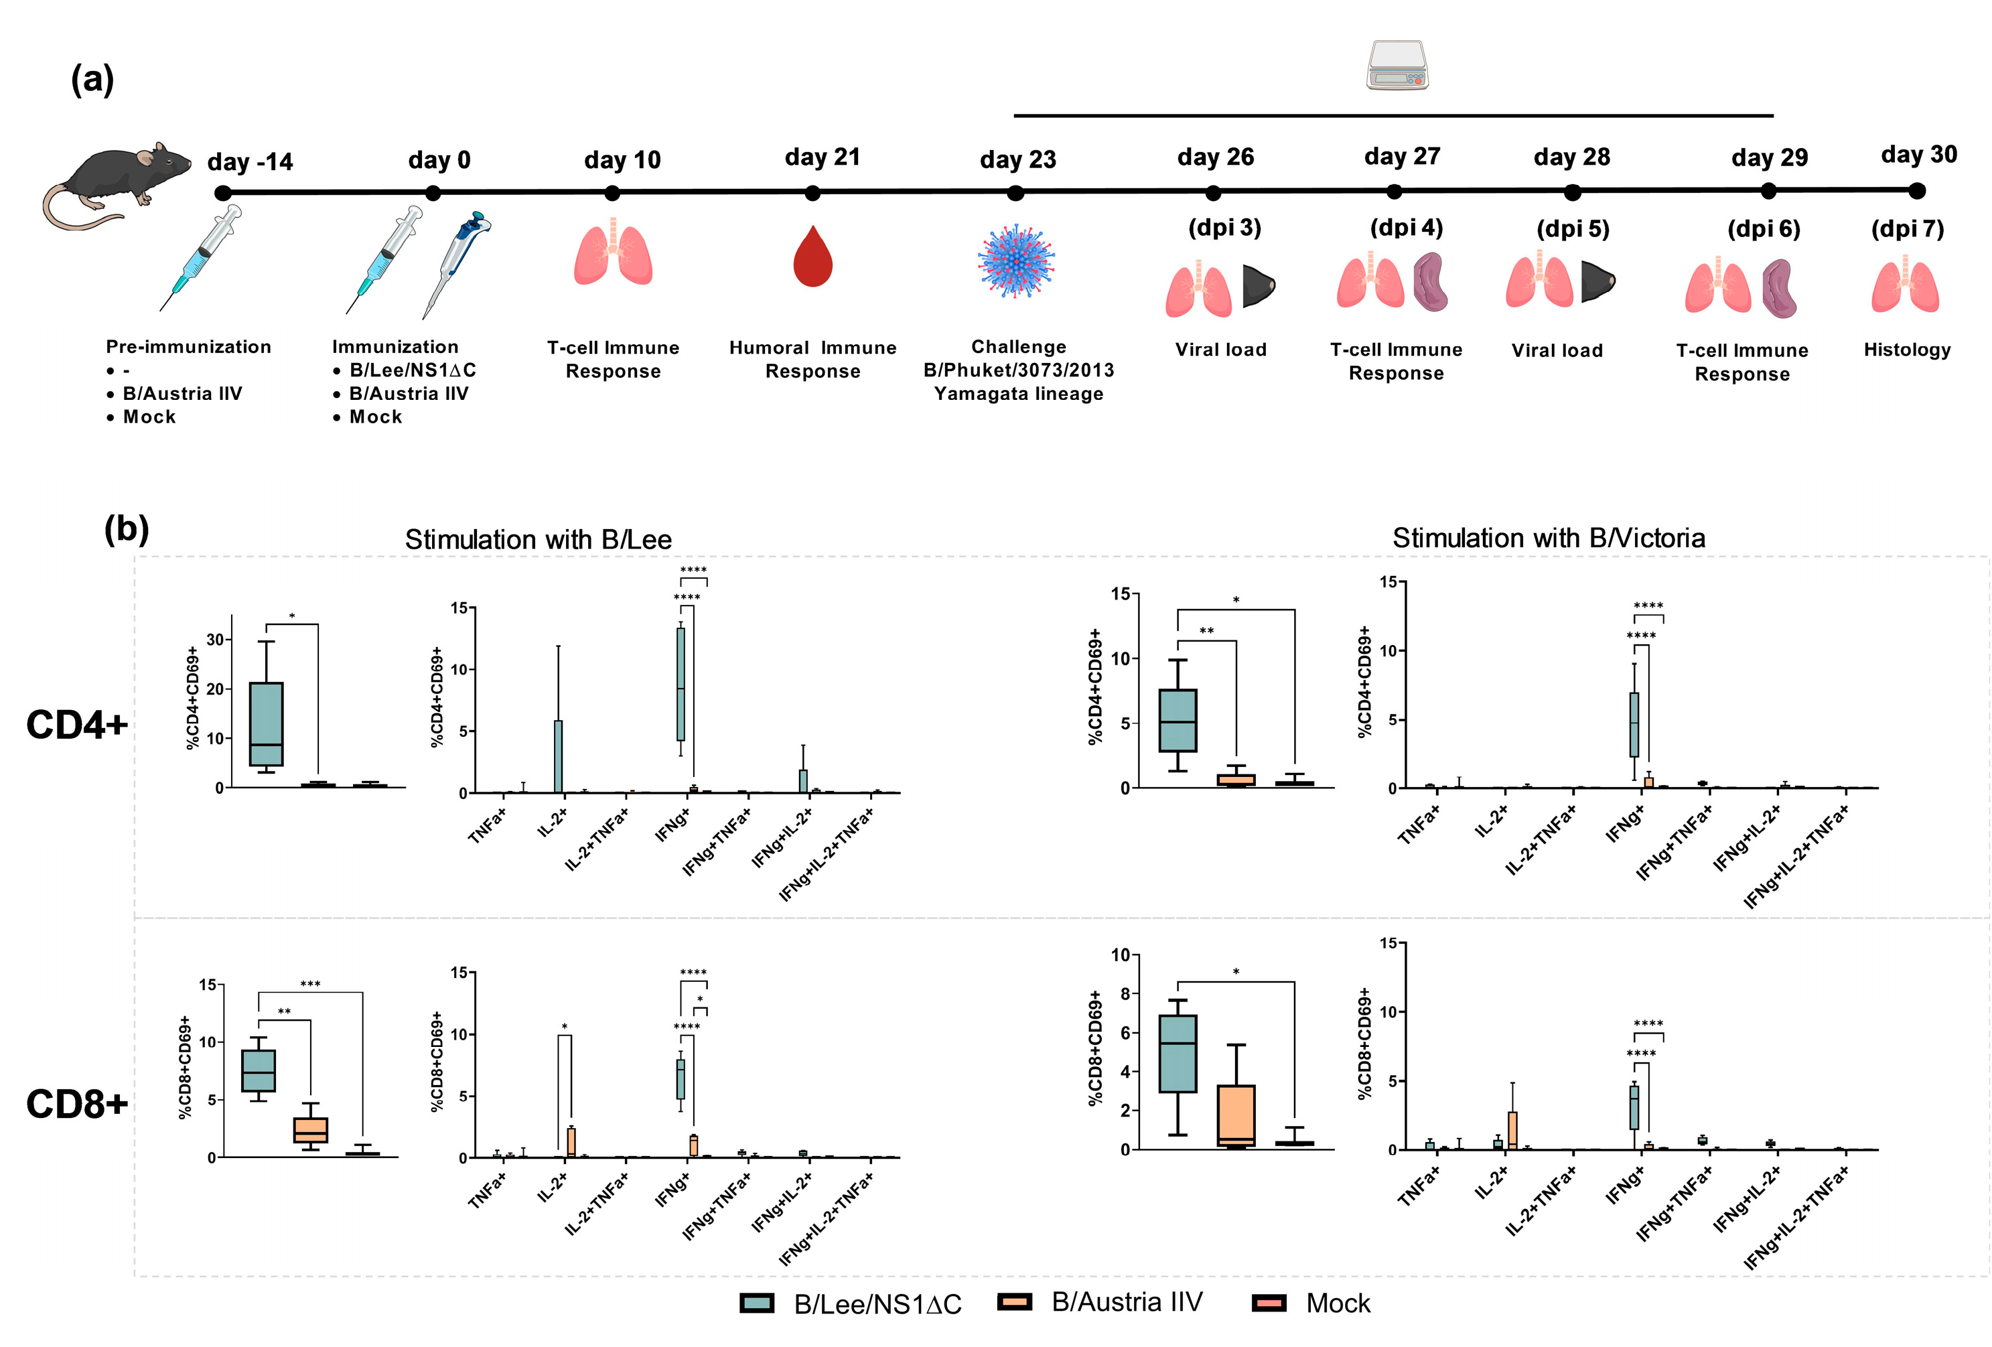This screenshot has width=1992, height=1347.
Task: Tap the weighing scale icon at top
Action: [x=1397, y=65]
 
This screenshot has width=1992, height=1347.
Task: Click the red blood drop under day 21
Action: [x=812, y=257]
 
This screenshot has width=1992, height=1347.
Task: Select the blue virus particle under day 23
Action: [x=1017, y=261]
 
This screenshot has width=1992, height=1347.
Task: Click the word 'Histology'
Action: [x=1906, y=349]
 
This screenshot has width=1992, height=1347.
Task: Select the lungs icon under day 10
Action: [x=613, y=253]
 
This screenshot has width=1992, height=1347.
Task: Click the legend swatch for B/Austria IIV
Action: [x=1014, y=1302]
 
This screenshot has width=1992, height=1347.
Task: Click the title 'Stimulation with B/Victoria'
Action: [x=1548, y=538]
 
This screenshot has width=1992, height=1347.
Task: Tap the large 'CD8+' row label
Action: [x=76, y=1103]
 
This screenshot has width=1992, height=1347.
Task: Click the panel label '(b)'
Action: [x=127, y=528]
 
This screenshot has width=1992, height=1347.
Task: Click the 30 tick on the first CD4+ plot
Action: [x=215, y=640]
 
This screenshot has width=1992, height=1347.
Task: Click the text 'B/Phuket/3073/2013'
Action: [x=1018, y=370]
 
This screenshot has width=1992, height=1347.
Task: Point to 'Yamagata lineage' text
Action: [x=1018, y=394]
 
